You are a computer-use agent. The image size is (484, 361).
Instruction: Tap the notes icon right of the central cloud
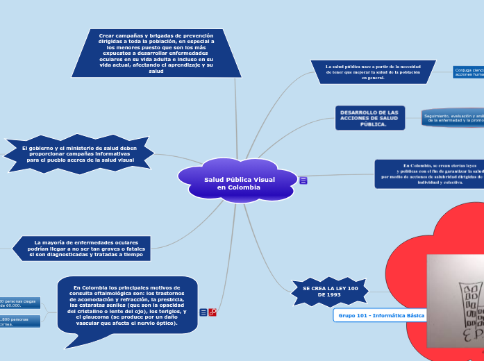click(x=303, y=180)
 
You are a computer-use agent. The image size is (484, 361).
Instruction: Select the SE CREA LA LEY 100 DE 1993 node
click(x=330, y=292)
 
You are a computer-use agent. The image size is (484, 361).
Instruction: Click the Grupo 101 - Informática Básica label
click(x=381, y=315)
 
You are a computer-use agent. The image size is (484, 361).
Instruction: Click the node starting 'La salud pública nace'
click(x=373, y=72)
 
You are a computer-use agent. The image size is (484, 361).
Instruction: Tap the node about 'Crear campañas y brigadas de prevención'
click(x=156, y=52)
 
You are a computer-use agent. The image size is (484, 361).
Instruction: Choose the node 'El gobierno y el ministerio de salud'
click(x=78, y=154)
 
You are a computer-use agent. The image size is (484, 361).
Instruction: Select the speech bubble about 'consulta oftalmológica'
click(x=127, y=306)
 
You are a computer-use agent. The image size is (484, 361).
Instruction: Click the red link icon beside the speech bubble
click(x=212, y=312)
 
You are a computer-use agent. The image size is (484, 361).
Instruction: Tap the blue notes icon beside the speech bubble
click(x=203, y=312)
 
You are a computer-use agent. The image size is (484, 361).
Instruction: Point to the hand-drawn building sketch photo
click(x=455, y=300)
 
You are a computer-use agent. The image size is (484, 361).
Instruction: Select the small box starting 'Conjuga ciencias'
click(x=468, y=72)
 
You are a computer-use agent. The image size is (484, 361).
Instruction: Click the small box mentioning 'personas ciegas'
click(x=20, y=303)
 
